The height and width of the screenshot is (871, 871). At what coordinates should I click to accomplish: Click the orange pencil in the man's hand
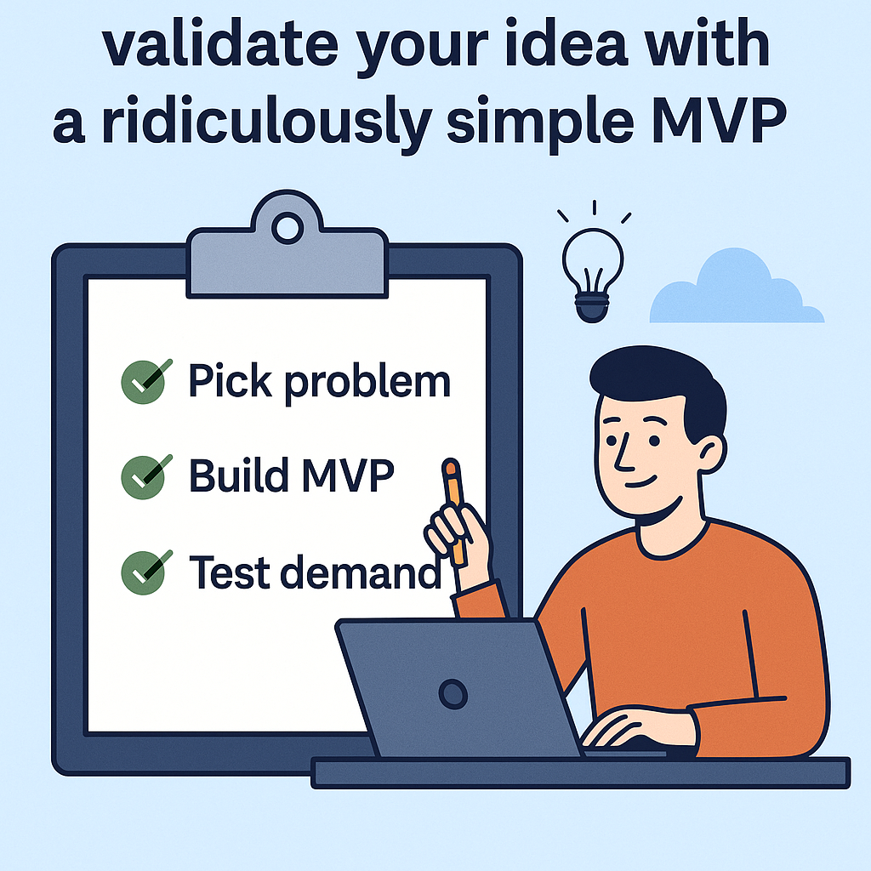pyautogui.click(x=455, y=510)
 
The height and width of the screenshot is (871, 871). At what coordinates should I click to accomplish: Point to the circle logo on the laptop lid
pyautogui.click(x=453, y=693)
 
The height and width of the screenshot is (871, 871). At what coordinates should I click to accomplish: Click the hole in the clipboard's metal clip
pyautogui.click(x=288, y=228)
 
